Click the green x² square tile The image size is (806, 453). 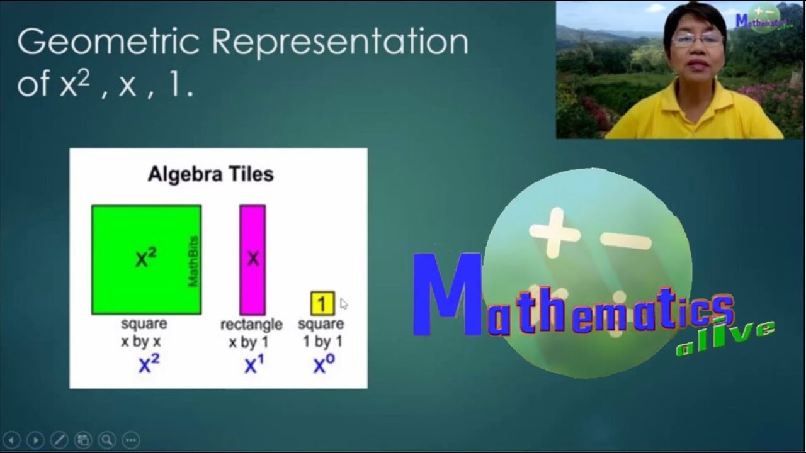click(147, 260)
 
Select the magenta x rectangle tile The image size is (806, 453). click(253, 260)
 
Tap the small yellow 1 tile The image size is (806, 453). click(322, 303)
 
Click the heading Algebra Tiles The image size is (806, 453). click(211, 174)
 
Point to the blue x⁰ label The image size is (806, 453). click(324, 364)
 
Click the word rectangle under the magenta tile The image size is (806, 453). click(251, 325)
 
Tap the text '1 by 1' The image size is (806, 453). click(323, 342)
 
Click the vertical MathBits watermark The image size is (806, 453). click(193, 261)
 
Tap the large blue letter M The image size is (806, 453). click(447, 294)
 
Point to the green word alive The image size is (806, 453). click(725, 338)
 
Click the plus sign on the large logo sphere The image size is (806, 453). click(555, 233)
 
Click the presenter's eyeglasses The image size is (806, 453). click(697, 40)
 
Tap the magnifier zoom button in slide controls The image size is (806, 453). click(107, 440)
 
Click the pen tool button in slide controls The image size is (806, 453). click(59, 440)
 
